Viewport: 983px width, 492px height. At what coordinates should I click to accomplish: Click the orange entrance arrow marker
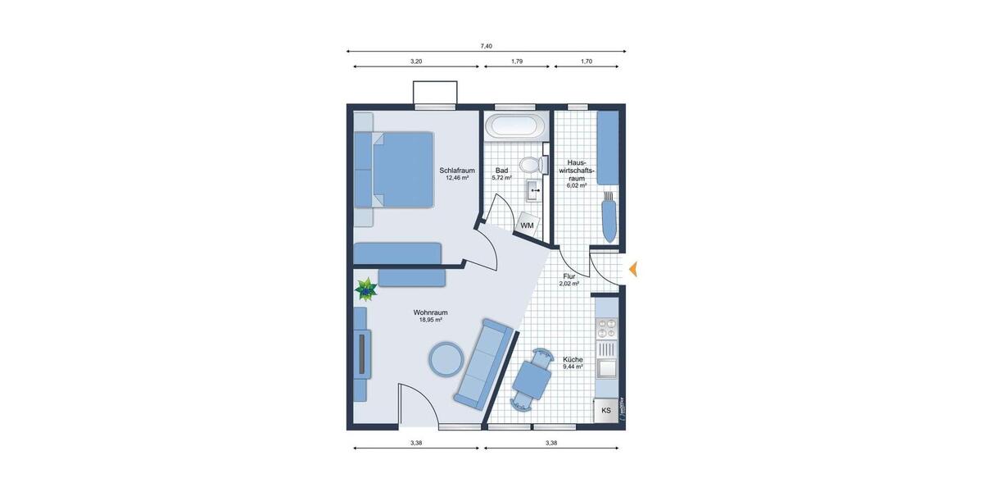(633, 268)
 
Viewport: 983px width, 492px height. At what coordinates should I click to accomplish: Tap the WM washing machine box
(528, 225)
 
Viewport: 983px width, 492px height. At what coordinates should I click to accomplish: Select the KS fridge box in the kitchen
(606, 410)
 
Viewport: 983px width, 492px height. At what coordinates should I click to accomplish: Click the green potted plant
(365, 288)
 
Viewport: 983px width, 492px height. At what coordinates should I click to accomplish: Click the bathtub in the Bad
(514, 126)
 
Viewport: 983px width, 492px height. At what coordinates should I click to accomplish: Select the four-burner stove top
(607, 328)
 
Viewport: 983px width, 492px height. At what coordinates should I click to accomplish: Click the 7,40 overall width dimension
(487, 46)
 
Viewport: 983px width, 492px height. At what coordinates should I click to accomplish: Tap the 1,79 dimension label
(517, 61)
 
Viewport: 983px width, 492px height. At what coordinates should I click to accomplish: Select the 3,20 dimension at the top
(416, 61)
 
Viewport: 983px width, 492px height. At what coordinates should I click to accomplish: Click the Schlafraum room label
(457, 171)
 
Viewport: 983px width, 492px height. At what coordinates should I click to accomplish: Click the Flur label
(569, 277)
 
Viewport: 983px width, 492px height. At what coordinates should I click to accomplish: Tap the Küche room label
(573, 360)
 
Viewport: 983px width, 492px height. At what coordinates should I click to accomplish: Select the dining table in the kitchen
(530, 377)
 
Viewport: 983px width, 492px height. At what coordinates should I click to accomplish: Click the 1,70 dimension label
(587, 61)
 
